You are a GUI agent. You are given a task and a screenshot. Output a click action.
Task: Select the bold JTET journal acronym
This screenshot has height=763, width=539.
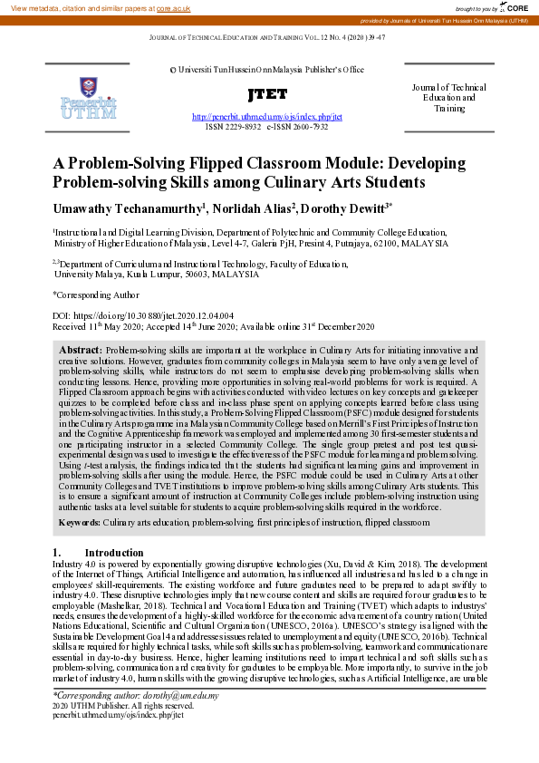point(266,94)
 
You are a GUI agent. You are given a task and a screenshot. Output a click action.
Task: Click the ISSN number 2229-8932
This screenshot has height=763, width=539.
point(241,128)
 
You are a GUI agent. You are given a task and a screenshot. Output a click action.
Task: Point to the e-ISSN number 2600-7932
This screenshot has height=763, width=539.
point(308,128)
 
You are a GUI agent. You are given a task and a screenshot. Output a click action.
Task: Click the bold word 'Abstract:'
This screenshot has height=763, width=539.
point(80,350)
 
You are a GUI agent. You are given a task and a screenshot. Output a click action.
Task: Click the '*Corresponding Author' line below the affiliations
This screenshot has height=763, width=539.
point(96,295)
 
